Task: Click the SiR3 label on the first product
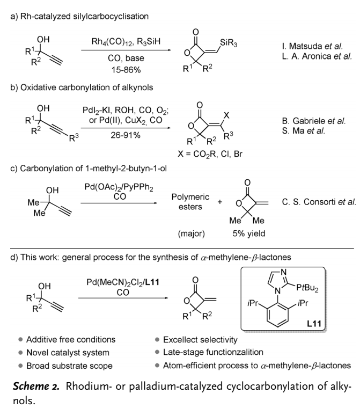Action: pyautogui.click(x=229, y=43)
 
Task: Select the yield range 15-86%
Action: pyautogui.click(x=126, y=70)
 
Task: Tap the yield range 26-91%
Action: pyautogui.click(x=126, y=135)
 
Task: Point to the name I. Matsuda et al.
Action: pyautogui.click(x=312, y=46)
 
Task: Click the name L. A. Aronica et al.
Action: pyautogui.click(x=317, y=56)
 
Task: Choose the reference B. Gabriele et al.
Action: pyautogui.click(x=314, y=121)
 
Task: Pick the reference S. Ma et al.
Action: pyautogui.click(x=304, y=131)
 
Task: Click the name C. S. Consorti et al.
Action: pyautogui.click(x=319, y=202)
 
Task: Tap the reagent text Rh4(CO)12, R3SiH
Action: pyautogui.click(x=126, y=42)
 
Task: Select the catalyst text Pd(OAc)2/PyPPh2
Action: pyautogui.click(x=119, y=187)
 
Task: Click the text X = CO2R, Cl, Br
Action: pyautogui.click(x=210, y=154)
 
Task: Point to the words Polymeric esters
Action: pyautogui.click(x=190, y=202)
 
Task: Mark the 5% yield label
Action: pyautogui.click(x=249, y=233)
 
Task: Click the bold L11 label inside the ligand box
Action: pyautogui.click(x=314, y=324)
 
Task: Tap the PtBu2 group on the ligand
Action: pyautogui.click(x=307, y=288)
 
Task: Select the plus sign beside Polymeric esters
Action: pyautogui.click(x=220, y=202)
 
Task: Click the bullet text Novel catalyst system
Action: pyautogui.click(x=68, y=353)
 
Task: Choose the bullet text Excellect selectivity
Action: pyautogui.click(x=200, y=340)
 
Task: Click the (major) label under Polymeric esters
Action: pyautogui.click(x=192, y=233)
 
